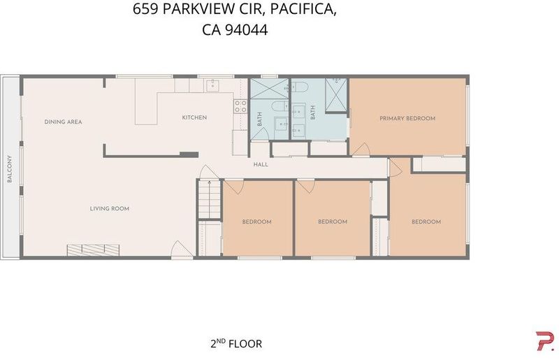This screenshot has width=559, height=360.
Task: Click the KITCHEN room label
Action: [194, 117]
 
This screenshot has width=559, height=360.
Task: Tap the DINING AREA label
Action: [63, 122]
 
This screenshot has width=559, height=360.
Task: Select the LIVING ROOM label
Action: [110, 208]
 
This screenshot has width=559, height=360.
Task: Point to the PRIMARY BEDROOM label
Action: [407, 118]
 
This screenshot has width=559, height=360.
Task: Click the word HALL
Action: [261, 164]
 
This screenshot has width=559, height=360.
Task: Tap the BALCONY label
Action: [10, 168]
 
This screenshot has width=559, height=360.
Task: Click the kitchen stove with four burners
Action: [240, 106]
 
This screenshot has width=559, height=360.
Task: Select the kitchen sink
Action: [213, 85]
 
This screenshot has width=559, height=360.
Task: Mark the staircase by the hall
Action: [209, 199]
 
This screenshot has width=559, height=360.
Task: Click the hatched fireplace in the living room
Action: [93, 250]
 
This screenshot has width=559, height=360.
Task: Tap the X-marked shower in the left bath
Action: [269, 89]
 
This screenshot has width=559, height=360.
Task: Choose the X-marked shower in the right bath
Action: [336, 95]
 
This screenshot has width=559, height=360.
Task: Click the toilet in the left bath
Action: [280, 106]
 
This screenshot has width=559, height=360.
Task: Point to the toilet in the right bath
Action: [300, 87]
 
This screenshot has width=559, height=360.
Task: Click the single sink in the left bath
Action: [282, 124]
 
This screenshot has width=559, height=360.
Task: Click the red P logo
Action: [545, 340]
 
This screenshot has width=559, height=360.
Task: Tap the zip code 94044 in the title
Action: [247, 30]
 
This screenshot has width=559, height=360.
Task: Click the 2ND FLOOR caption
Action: [236, 344]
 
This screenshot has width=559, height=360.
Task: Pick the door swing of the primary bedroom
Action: [361, 149]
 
